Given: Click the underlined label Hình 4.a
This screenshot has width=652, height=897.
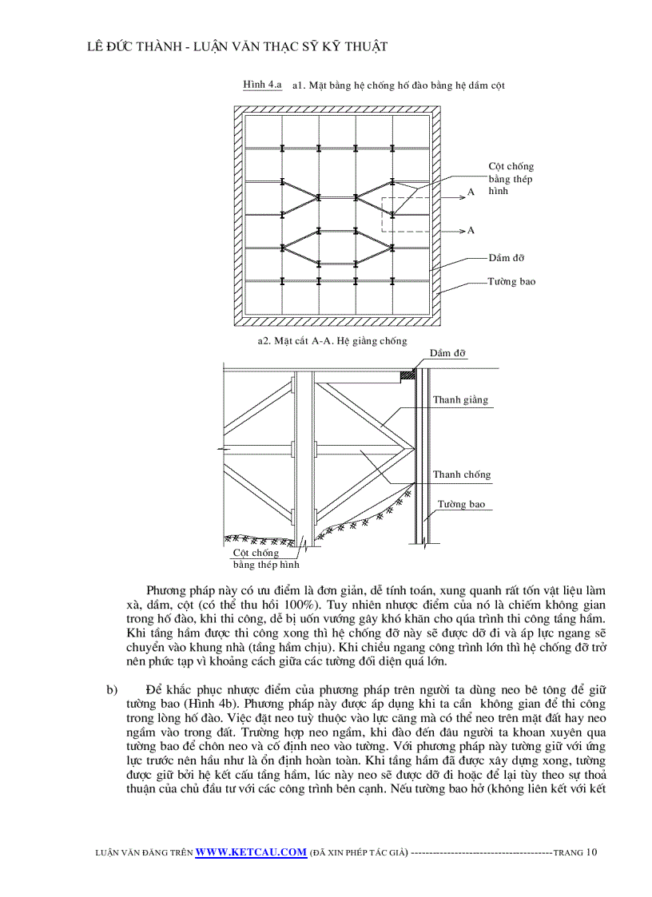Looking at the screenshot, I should (x=262, y=84).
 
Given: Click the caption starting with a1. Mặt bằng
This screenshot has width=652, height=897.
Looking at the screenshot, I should (x=398, y=85).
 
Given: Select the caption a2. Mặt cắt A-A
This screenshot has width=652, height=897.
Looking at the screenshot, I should (x=332, y=341).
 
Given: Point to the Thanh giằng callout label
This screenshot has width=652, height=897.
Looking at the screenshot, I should (x=460, y=400).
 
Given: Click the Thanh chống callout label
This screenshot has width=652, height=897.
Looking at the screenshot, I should (x=462, y=474).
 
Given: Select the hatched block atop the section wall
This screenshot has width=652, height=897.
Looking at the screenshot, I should (x=407, y=372).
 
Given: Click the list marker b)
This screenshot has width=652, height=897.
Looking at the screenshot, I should (x=112, y=689).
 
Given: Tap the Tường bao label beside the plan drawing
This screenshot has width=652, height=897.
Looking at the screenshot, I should (x=511, y=282).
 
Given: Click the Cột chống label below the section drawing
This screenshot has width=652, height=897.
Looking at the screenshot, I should (x=256, y=553).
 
